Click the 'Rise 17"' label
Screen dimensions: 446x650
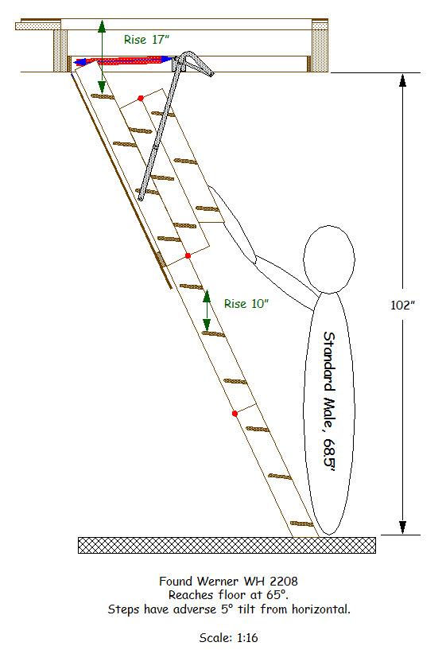tap(146, 40)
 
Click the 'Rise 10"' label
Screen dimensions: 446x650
tap(246, 304)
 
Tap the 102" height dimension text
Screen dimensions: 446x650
tap(402, 306)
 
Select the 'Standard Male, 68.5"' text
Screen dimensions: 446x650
tap(329, 402)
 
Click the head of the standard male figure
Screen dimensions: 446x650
tap(329, 259)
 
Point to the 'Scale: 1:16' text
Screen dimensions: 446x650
tap(229, 637)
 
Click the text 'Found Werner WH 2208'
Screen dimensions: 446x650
tap(229, 582)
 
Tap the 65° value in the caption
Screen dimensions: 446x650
tap(277, 595)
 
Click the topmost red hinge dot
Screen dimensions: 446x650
tap(141, 98)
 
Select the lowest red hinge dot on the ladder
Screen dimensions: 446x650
tap(235, 414)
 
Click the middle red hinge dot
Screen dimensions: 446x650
tap(188, 255)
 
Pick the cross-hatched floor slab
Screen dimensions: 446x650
tap(227, 545)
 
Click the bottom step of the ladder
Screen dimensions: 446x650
tap(302, 524)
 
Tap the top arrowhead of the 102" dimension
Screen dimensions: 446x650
tap(402, 80)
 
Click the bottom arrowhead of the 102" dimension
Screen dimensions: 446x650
tap(402, 527)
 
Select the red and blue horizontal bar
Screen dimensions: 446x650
tap(123, 61)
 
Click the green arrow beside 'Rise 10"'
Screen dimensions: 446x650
tap(207, 310)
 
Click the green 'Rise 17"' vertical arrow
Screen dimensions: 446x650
tap(102, 56)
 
